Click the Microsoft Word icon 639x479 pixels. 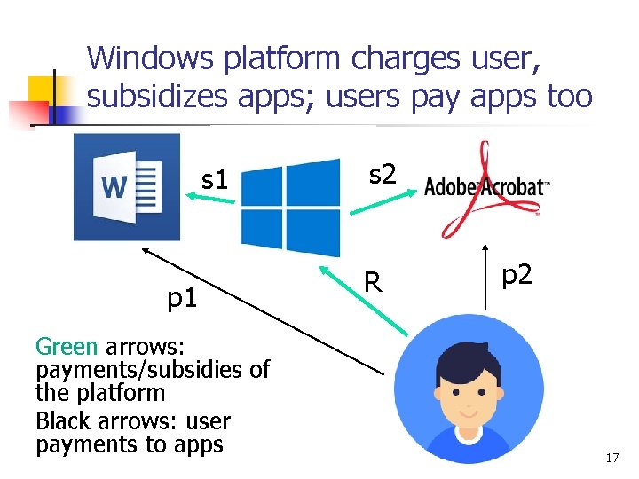127,187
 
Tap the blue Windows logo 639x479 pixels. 291,207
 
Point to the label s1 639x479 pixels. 215,180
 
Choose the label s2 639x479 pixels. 382,174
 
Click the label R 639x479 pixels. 374,282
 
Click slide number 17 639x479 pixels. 611,458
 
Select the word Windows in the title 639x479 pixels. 150,59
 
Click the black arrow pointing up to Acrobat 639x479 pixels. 485,275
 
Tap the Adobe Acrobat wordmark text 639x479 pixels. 487,187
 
